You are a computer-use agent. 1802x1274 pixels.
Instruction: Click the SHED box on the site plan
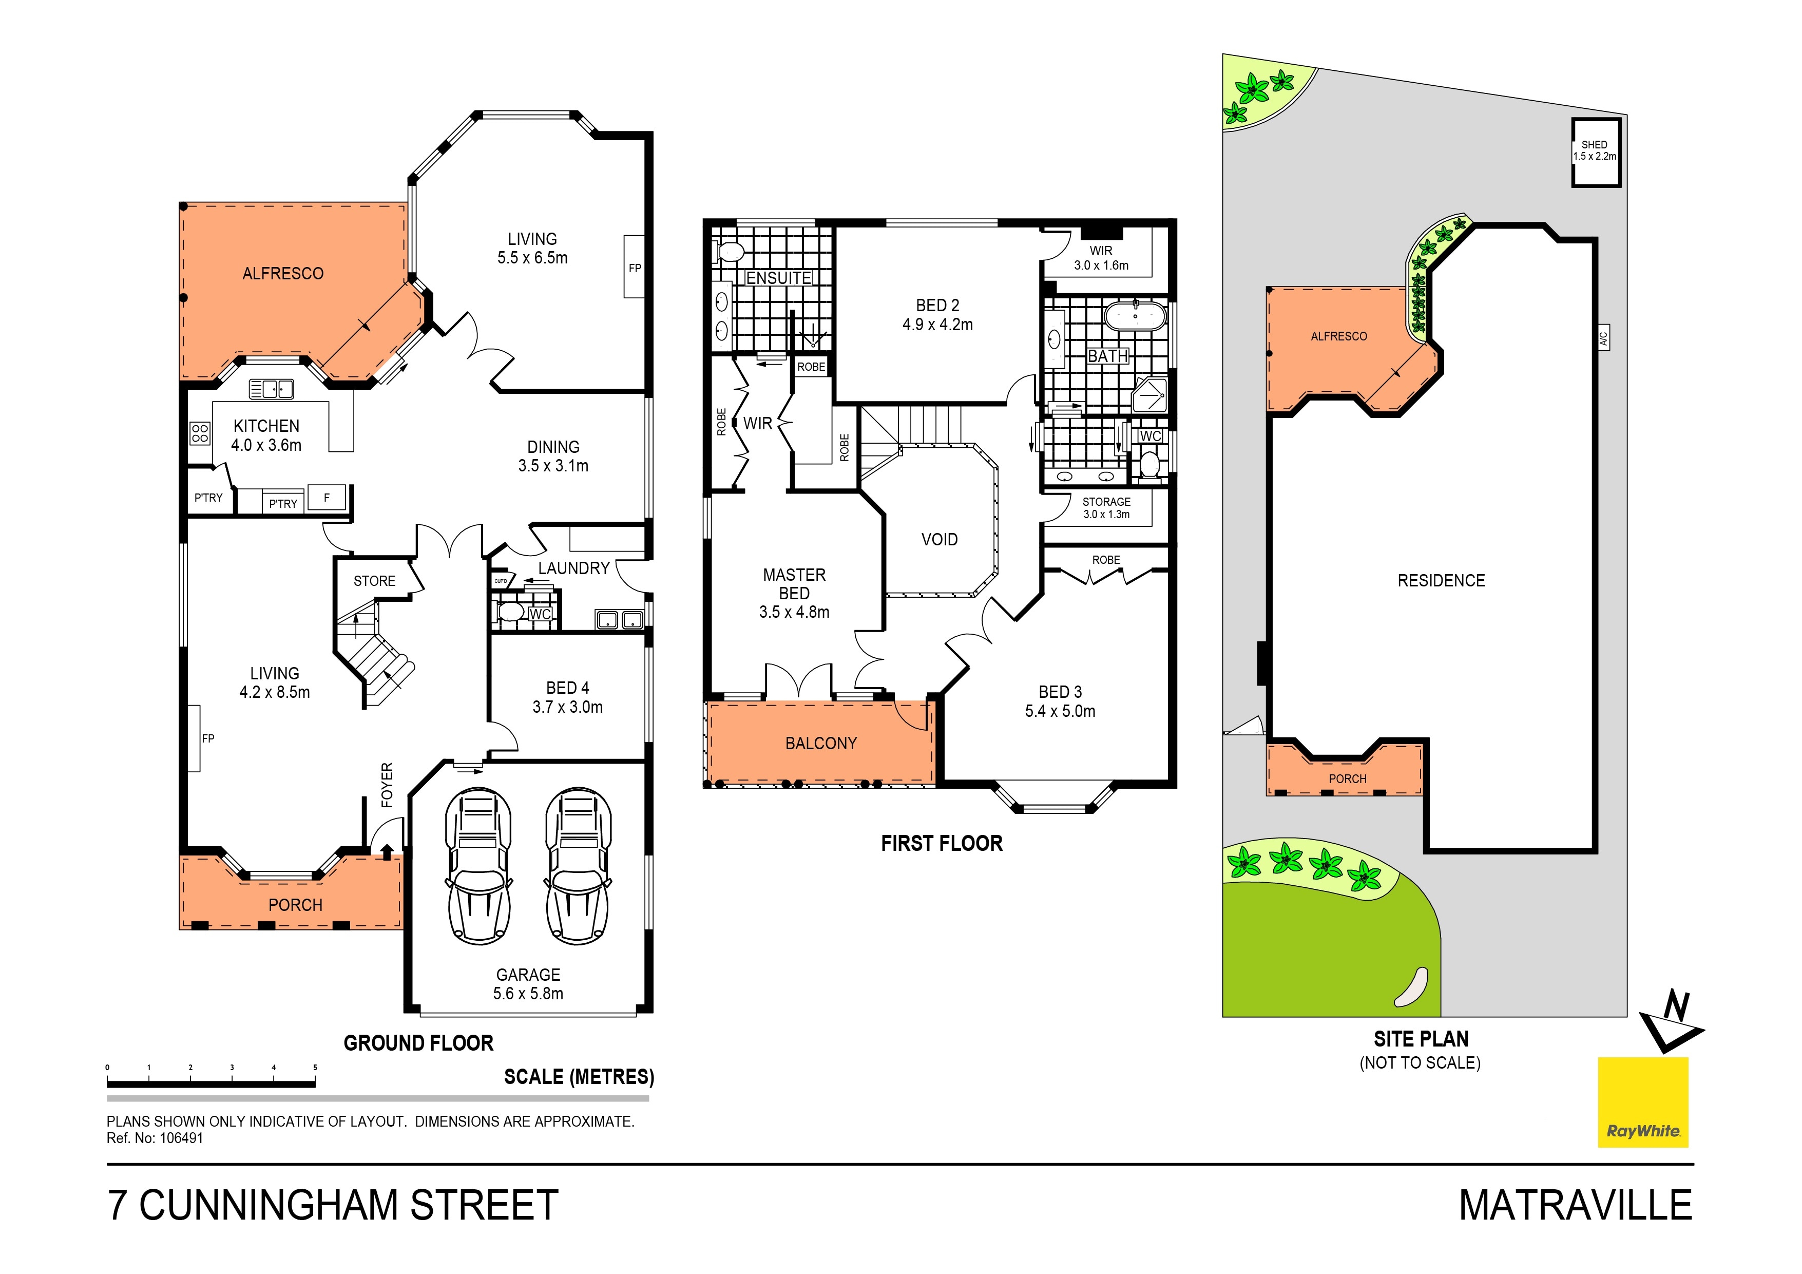point(1596,153)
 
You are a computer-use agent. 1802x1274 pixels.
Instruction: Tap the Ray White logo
point(1643,1101)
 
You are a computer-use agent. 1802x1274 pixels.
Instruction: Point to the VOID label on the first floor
point(940,539)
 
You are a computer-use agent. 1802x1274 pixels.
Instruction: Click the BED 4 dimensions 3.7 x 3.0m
point(567,707)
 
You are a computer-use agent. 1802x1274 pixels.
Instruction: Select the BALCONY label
point(821,743)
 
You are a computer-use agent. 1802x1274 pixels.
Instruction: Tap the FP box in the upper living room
point(634,267)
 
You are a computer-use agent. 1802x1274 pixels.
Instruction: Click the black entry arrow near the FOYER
point(386,852)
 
